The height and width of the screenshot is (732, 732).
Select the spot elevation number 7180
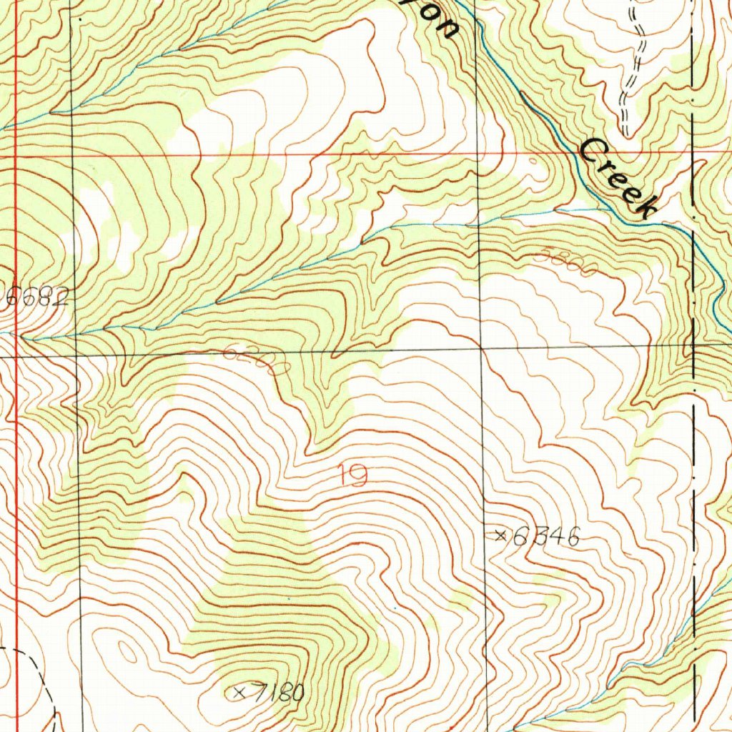point(278,693)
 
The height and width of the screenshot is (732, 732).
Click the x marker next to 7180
point(239,692)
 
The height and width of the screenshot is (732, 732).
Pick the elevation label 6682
point(37,298)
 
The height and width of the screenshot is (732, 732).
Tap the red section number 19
point(353,475)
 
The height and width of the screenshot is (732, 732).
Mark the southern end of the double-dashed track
point(626,133)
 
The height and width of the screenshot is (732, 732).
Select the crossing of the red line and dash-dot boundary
point(693,151)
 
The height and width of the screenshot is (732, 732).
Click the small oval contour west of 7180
point(129,653)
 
